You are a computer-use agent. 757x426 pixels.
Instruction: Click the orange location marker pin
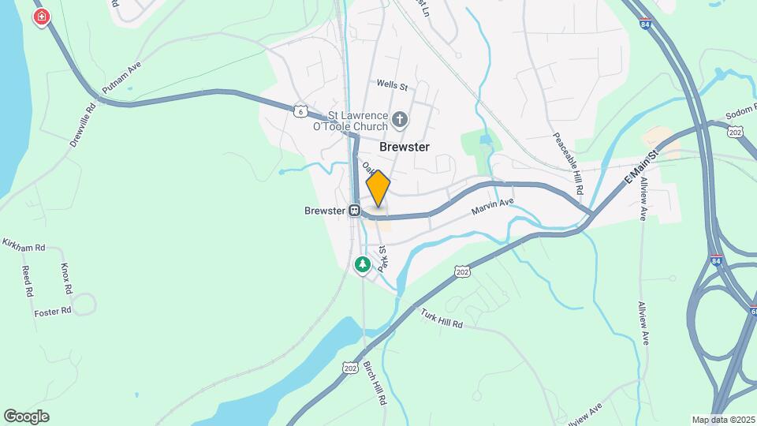click(378, 188)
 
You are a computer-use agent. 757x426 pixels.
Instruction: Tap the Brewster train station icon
click(356, 211)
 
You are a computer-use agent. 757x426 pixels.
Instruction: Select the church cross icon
click(400, 121)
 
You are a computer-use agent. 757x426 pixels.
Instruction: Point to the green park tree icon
click(363, 264)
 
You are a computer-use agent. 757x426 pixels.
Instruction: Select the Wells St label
click(391, 84)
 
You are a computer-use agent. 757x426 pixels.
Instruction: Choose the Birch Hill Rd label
click(375, 383)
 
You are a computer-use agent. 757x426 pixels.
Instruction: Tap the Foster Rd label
click(53, 312)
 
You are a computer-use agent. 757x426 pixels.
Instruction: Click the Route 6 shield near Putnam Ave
click(300, 111)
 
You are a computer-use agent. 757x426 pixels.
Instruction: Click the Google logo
click(26, 416)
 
